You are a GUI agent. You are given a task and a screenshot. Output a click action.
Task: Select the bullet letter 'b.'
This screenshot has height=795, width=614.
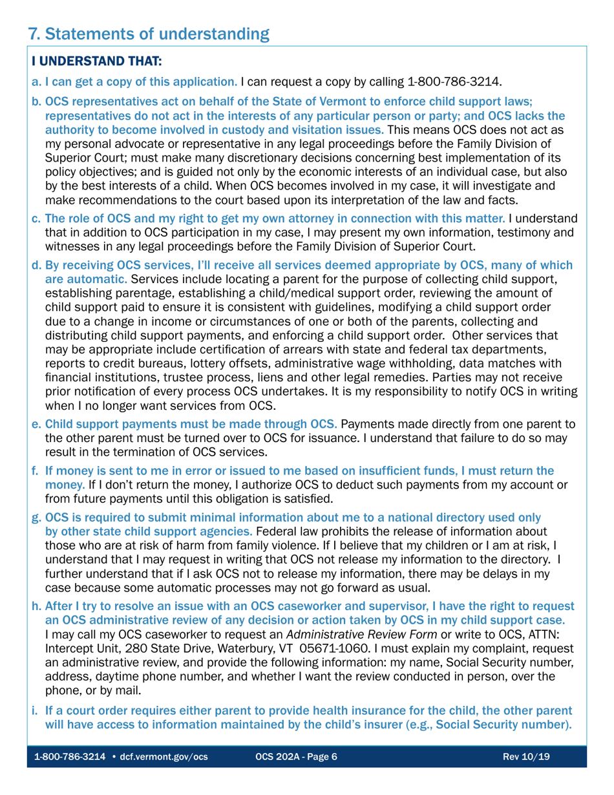pyautogui.click(x=37, y=101)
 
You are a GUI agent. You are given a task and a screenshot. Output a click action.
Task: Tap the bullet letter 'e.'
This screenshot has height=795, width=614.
pyautogui.click(x=37, y=425)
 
